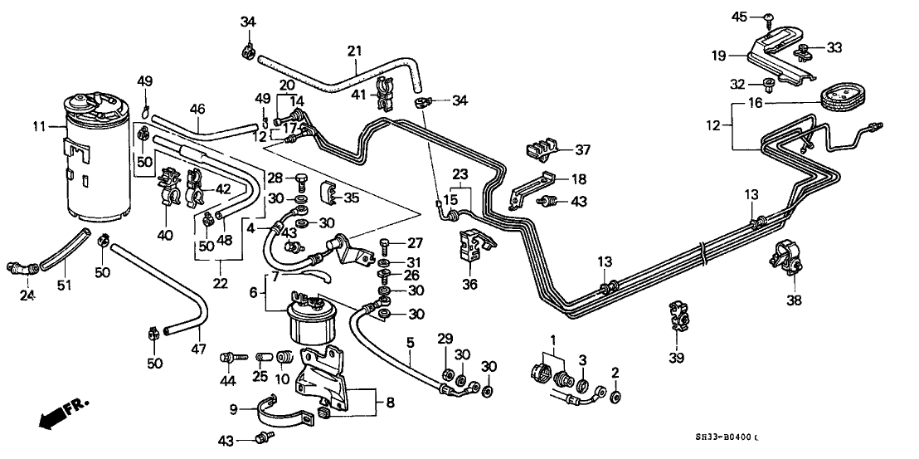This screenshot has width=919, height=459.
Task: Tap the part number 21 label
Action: pyautogui.click(x=354, y=51)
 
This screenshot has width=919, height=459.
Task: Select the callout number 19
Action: pyautogui.click(x=718, y=56)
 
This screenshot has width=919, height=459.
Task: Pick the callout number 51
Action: pyautogui.click(x=65, y=285)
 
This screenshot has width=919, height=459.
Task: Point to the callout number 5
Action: pyautogui.click(x=410, y=340)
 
